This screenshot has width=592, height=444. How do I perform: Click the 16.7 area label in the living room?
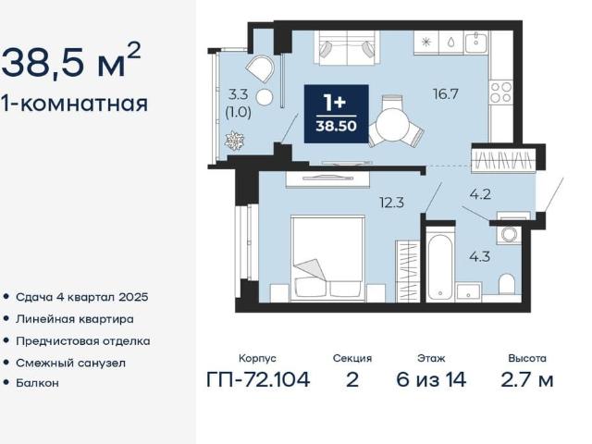(x=446, y=93)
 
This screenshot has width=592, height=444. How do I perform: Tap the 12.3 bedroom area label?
(x=392, y=203)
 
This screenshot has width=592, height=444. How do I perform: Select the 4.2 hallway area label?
(x=480, y=194)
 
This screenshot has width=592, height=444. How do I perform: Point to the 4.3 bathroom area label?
(x=479, y=257)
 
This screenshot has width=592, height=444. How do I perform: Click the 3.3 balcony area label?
(x=239, y=94)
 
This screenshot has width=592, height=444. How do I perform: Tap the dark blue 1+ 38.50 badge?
(x=336, y=114)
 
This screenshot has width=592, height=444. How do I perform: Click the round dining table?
(x=392, y=125)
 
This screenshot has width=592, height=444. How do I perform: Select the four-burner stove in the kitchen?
(x=501, y=92)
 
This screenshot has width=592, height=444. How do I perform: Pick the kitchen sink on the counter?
(x=476, y=42)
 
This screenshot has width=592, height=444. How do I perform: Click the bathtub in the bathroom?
(x=440, y=266)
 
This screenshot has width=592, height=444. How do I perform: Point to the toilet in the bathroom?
(x=506, y=284)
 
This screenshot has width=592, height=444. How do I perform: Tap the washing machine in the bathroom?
(x=509, y=234)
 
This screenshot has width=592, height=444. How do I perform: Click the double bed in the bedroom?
(x=327, y=259)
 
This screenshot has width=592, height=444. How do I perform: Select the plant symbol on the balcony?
(x=234, y=141)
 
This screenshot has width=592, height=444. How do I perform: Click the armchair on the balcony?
(x=260, y=68)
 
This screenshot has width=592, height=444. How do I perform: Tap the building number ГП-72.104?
(x=258, y=379)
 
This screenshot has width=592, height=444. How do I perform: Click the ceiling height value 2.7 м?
(x=527, y=379)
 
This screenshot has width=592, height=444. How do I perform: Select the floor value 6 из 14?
(x=431, y=379)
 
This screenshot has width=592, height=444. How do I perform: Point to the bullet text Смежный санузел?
(x=70, y=364)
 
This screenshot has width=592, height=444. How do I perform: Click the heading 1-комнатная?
(x=74, y=103)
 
